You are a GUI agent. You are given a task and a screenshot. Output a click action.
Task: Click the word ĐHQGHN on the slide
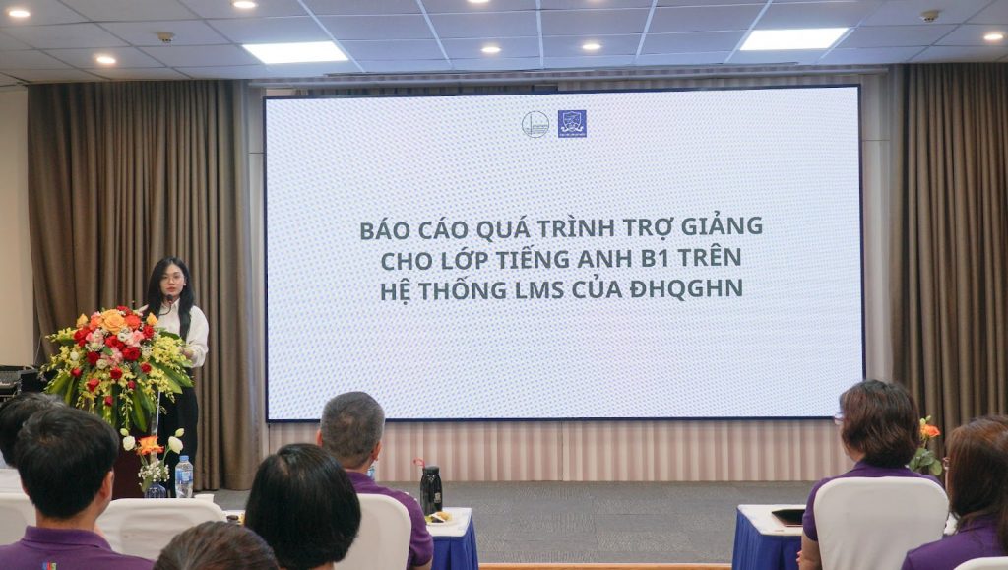click(x=686, y=289)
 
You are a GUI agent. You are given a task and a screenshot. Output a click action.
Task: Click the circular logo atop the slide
click(x=535, y=124)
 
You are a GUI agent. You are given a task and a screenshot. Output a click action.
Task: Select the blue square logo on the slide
click(x=572, y=123)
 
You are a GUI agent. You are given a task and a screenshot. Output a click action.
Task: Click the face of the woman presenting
click(x=171, y=279)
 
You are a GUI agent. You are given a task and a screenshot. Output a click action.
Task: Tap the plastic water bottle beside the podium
click(x=184, y=476)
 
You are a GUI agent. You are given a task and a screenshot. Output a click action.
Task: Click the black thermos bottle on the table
click(x=431, y=489)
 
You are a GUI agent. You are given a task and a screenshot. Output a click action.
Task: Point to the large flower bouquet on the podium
click(x=117, y=363)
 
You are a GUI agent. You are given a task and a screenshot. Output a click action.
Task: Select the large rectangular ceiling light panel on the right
click(x=794, y=39)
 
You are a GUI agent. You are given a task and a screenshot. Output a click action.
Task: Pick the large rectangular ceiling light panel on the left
click(x=295, y=52)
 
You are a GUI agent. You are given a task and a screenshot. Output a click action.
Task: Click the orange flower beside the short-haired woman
click(x=928, y=430)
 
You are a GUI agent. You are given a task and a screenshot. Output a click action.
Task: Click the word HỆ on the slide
click(x=395, y=289)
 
